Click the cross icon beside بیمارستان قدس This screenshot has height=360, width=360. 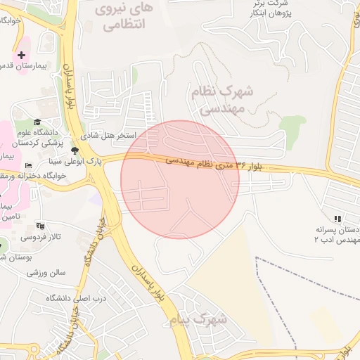[x=21, y=54]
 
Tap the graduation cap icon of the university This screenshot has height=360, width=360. [x=37, y=122]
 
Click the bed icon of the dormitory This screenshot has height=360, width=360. [x=28, y=165]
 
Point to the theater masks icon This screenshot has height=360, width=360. [x=40, y=226]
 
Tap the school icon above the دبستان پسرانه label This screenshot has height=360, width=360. [x=337, y=219]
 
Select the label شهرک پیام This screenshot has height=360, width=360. [x=199, y=320]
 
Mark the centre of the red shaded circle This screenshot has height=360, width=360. [x=180, y=179]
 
